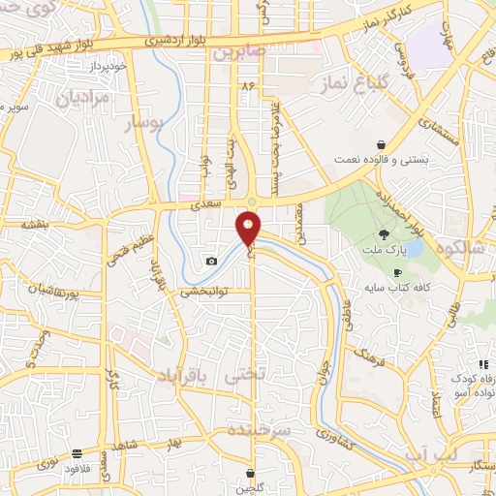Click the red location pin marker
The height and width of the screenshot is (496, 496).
tap(249, 228)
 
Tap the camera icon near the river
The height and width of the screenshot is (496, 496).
tap(211, 261)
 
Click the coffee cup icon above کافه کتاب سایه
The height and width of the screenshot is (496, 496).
tap(397, 273)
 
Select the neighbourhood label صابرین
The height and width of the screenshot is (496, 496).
tap(238, 50)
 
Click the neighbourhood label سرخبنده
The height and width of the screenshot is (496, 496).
tap(259, 427)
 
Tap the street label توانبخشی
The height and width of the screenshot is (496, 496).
tap(203, 290)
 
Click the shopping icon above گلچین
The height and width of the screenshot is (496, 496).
tap(251, 474)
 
